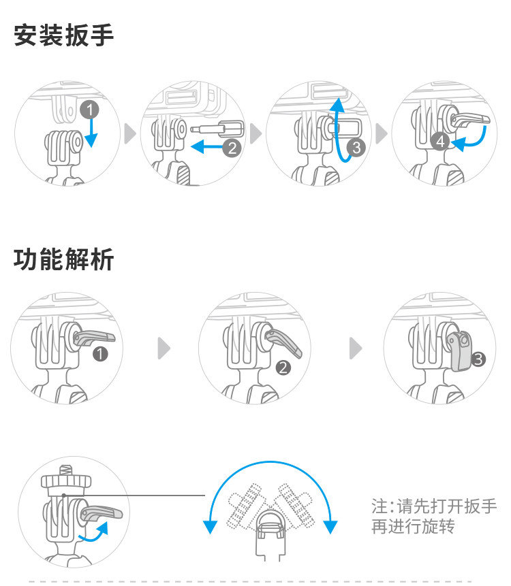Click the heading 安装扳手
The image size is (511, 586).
pos(63,35)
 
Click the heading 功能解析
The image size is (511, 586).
pos(63,259)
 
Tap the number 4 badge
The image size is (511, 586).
pos(440,142)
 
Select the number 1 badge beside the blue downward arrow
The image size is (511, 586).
pos(89,110)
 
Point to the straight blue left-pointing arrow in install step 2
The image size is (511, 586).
pos(207,146)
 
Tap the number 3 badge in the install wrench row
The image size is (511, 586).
pos(356,147)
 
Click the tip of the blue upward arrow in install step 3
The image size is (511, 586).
pos(338,98)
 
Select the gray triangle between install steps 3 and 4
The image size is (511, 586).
pos(380,133)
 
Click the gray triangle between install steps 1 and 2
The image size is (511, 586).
pos(129,133)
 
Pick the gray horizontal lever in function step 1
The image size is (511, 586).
pos(93,338)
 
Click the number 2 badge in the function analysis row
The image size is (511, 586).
pos(283,368)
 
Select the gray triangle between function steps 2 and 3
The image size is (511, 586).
pos(355,348)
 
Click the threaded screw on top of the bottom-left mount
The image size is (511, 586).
pos(66,470)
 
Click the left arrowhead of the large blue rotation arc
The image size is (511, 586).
pos(211,527)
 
